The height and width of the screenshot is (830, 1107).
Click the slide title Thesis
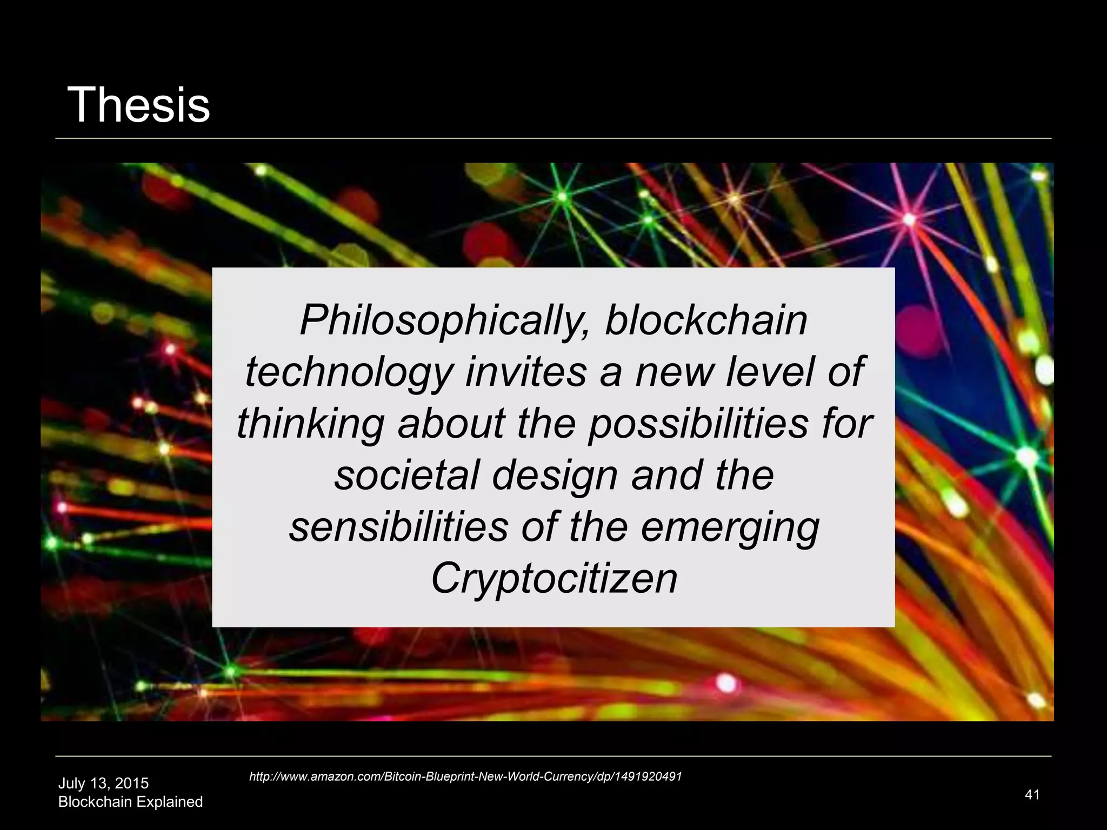(138, 105)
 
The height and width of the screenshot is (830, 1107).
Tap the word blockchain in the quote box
(706, 320)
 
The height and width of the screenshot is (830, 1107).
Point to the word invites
(525, 372)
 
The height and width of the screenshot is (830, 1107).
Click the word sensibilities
(398, 527)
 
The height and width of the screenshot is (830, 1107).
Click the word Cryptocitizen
(553, 579)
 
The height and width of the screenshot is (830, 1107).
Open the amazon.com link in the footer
(465, 777)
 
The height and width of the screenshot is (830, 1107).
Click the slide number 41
(1032, 794)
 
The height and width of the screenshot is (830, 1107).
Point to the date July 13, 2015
(103, 784)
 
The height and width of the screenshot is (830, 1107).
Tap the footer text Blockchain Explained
(130, 802)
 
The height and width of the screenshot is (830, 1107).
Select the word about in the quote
(451, 423)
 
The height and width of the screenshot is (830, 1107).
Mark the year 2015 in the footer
(132, 784)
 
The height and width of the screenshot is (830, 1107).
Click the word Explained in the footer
(169, 802)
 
